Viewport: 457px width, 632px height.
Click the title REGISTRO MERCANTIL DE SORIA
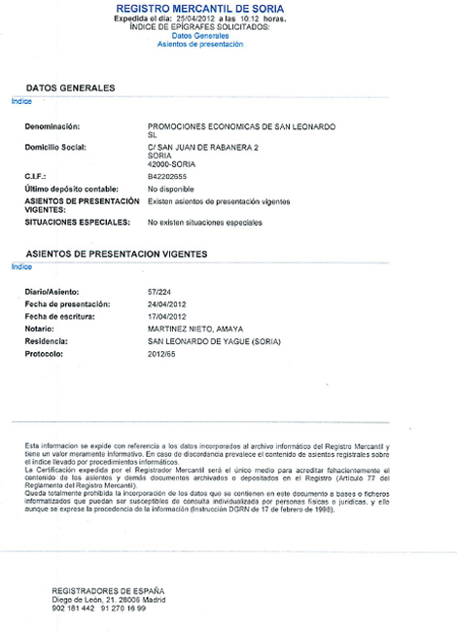pos(227,9)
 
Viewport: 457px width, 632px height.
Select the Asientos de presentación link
pos(227,44)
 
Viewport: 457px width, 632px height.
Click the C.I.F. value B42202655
pos(167,177)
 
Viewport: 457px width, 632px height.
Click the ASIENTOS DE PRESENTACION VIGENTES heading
pos(116,254)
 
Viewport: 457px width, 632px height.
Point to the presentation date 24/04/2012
pos(166,304)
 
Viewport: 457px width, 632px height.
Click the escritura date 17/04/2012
pos(166,317)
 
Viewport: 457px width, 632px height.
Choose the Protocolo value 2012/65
pos(161,355)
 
